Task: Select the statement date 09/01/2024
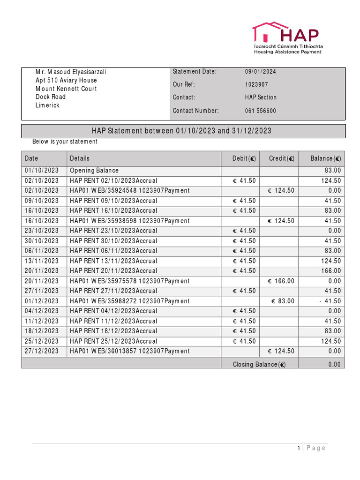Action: (261, 72)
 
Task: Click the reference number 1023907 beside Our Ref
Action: (256, 84)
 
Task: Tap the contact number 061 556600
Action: (261, 111)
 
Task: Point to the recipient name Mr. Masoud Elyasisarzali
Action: (71, 72)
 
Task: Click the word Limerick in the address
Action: (48, 105)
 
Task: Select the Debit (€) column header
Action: (244, 159)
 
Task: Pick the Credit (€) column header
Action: (282, 159)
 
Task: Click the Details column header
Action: (80, 159)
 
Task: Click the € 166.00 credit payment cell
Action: (281, 281)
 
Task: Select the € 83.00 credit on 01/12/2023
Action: (283, 301)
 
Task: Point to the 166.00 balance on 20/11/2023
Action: (331, 271)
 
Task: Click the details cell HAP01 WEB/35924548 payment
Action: (130, 191)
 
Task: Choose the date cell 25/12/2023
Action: (42, 341)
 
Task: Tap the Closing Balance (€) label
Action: (259, 365)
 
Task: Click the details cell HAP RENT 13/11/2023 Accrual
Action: (113, 261)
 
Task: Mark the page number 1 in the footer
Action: (299, 448)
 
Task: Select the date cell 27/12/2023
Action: (42, 352)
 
